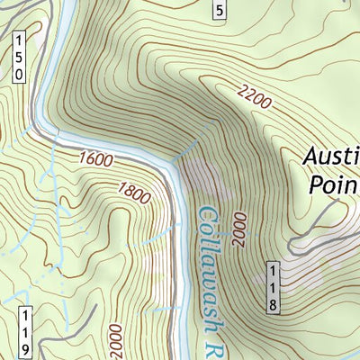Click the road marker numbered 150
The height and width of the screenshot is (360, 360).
click(x=19, y=58)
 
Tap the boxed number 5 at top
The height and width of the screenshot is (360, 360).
click(x=219, y=10)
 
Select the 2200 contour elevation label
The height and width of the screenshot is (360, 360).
click(x=256, y=96)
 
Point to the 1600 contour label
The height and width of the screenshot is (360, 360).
click(x=96, y=159)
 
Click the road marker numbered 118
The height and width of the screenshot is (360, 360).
click(x=272, y=287)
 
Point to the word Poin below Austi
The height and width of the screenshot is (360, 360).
click(x=333, y=185)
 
